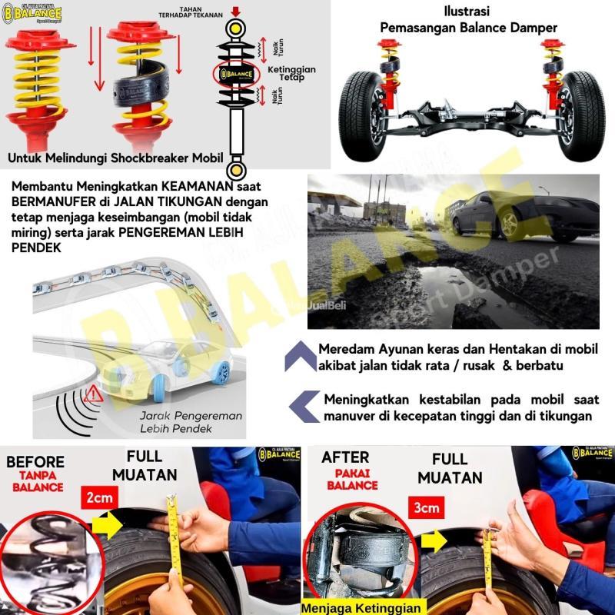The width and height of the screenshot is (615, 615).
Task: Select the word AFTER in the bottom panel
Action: (x=346, y=457)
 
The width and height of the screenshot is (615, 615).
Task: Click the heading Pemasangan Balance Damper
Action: (x=468, y=28)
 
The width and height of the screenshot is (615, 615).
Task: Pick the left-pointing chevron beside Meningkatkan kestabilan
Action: (x=306, y=405)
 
